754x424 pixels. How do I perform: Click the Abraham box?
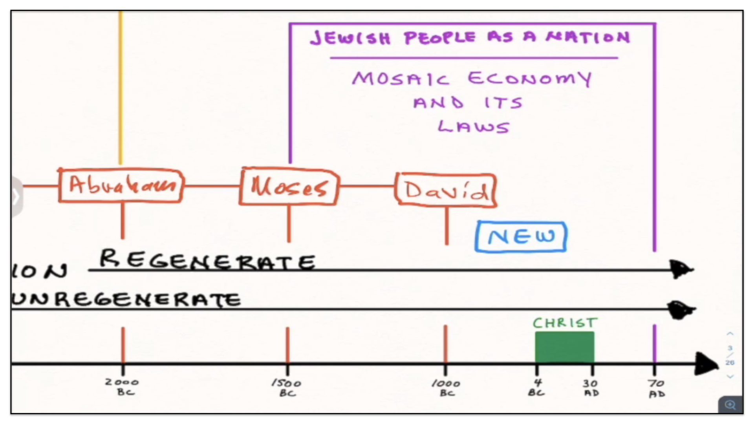(x=121, y=186)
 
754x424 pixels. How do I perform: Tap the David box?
(x=446, y=190)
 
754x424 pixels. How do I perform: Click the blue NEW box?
(x=521, y=237)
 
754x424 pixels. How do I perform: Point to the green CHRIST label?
(x=565, y=323)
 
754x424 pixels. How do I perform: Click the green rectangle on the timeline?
(x=565, y=347)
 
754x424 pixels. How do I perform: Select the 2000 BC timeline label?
(x=123, y=387)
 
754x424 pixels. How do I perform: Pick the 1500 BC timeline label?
(x=287, y=388)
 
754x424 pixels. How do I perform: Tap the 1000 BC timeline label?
(x=446, y=388)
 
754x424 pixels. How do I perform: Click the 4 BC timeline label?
(x=536, y=387)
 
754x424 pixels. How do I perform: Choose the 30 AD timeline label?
(x=591, y=388)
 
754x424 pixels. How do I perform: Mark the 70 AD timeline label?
(x=657, y=388)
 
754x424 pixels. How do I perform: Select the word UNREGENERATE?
(x=126, y=300)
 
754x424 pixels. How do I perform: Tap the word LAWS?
(x=474, y=127)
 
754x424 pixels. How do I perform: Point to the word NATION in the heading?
(x=588, y=37)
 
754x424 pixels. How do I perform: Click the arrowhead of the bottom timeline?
(x=707, y=364)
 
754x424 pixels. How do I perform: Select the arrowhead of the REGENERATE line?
(x=682, y=269)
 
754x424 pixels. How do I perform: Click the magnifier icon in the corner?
(x=730, y=405)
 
